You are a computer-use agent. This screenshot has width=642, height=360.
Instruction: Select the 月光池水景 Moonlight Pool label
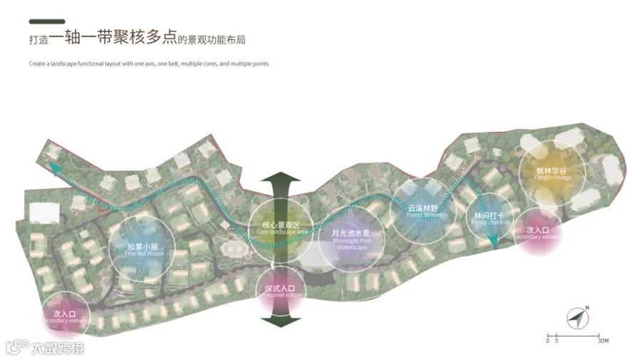(x=350, y=236)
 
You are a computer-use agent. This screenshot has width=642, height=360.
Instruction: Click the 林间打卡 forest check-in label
(x=490, y=218)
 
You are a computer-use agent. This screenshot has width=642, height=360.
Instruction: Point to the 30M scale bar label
(x=603, y=341)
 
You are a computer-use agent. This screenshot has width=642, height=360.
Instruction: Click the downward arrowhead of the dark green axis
(x=280, y=322)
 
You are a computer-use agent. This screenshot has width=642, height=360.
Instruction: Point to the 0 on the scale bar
(x=548, y=341)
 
